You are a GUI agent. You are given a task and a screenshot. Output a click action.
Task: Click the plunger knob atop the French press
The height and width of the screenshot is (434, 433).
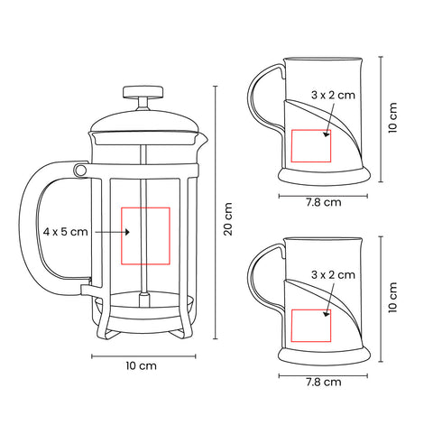[143, 92]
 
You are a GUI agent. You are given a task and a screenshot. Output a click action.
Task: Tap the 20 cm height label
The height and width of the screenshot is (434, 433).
[228, 219]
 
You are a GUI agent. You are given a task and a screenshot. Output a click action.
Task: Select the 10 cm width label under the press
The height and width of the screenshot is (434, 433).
[141, 365]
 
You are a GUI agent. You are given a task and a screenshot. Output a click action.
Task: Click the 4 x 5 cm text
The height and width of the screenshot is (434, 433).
[65, 232]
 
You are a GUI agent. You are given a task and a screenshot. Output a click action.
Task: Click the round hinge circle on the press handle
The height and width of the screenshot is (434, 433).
[80, 171]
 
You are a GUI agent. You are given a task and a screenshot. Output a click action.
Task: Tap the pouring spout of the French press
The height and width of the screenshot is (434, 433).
[203, 139]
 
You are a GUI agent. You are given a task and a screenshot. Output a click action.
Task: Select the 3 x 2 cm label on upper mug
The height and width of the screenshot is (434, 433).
[333, 95]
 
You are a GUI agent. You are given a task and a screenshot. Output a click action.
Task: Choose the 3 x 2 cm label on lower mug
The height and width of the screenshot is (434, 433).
[333, 274]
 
